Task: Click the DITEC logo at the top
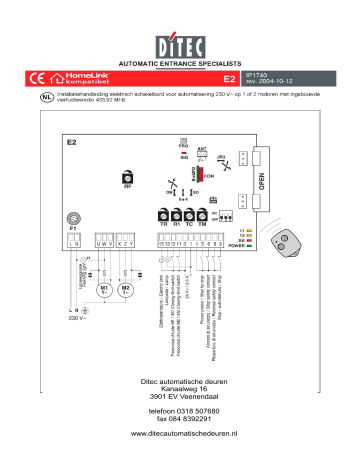[x=179, y=47]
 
